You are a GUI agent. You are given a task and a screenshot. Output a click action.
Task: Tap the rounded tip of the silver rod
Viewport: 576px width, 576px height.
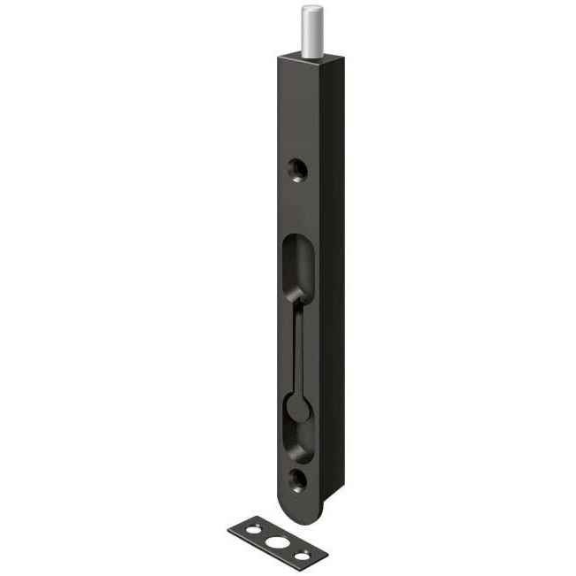[311, 10]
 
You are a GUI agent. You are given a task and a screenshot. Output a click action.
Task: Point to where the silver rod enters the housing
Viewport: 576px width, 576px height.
[311, 58]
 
